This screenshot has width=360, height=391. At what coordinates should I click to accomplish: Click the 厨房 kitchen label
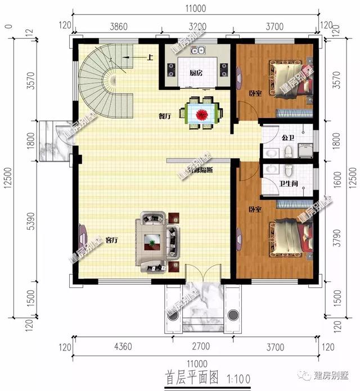tap(196, 73)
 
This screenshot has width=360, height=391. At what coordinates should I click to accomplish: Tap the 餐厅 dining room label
tap(164, 116)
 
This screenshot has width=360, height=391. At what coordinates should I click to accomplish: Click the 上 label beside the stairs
tap(150, 57)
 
